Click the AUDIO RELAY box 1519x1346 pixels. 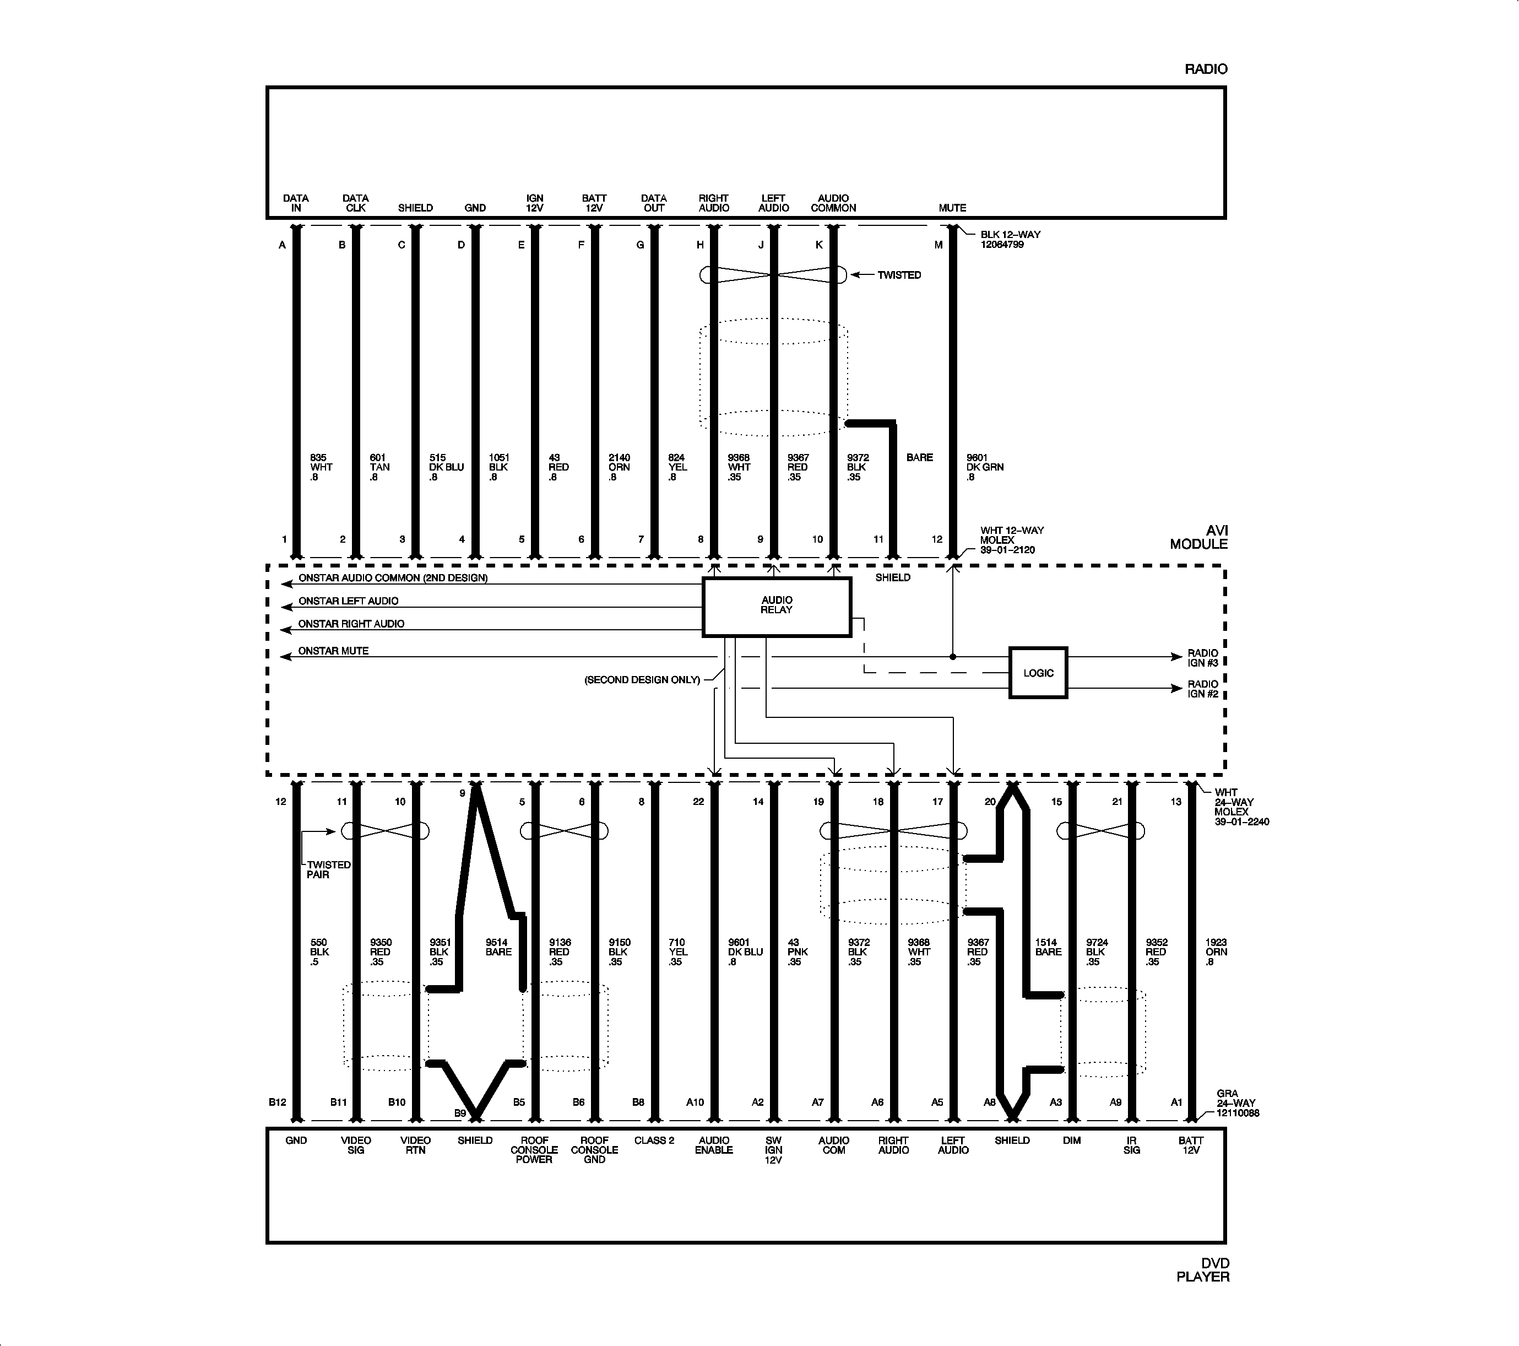[x=777, y=607]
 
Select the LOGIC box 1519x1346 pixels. [x=1038, y=673]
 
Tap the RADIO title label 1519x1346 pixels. [x=1206, y=69]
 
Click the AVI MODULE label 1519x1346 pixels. [x=1198, y=537]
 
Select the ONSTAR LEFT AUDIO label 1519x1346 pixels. [x=349, y=601]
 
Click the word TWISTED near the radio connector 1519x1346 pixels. [x=899, y=275]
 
